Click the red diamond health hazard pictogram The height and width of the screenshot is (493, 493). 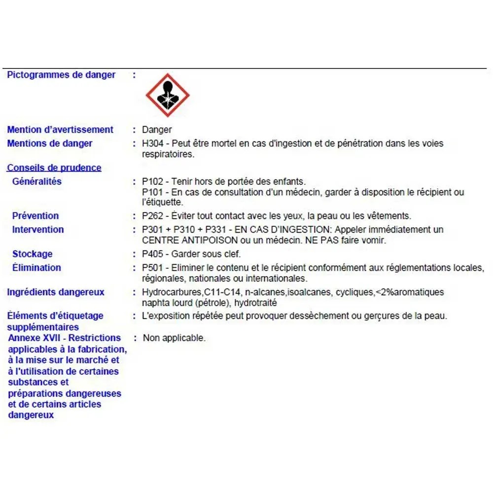pos(168,95)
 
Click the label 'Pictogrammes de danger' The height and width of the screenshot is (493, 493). pos(61,75)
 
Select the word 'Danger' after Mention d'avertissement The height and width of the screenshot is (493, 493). pos(157,130)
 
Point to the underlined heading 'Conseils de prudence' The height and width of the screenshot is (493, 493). pos(54,168)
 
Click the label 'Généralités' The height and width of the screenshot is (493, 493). pos(37,181)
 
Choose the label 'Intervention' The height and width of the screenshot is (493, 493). pos(38,229)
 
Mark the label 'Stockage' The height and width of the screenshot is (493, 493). pos(33,254)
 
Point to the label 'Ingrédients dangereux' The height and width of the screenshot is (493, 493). pos(56,292)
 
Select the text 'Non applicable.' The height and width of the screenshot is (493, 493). pos(174,338)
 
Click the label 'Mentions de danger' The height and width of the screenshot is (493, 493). pos(50,143)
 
